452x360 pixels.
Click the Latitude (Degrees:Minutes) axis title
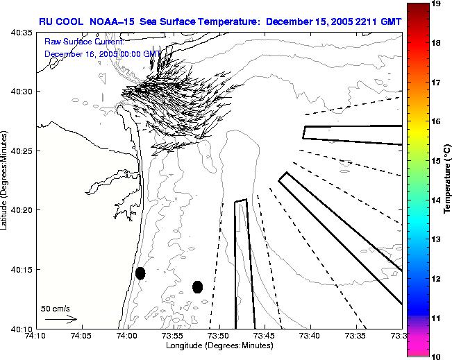point(5,180)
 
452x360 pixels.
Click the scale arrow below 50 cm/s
point(61,319)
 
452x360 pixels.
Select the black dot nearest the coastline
point(140,273)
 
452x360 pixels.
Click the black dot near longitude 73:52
point(197,286)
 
